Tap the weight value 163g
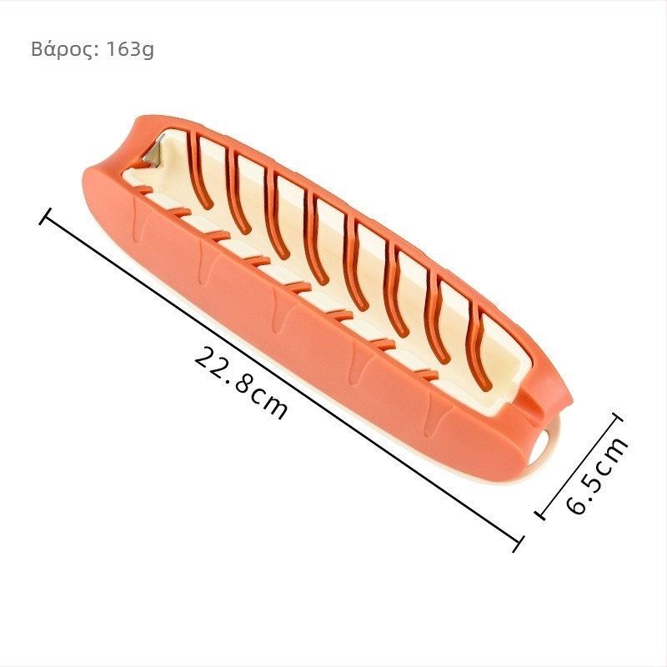(129, 49)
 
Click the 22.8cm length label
(241, 382)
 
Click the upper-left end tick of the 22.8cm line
(45, 216)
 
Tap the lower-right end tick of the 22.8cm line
(517, 544)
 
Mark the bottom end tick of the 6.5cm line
(539, 514)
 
